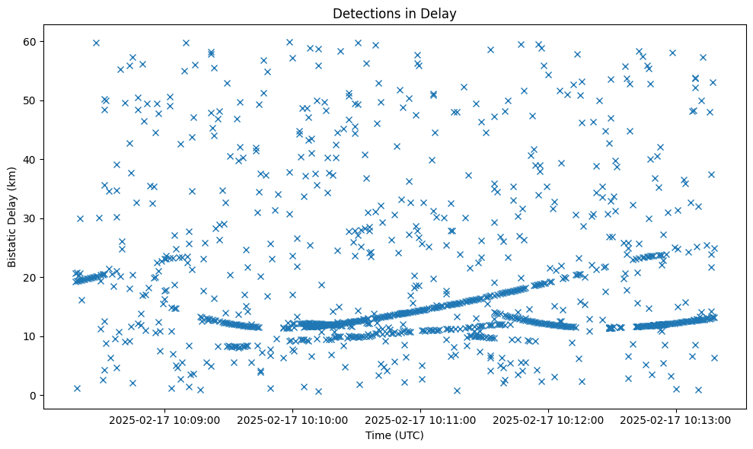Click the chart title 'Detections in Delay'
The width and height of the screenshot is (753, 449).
click(394, 13)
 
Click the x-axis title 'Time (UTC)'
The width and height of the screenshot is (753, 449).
click(394, 436)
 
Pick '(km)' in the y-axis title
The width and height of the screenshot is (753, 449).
click(12, 170)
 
